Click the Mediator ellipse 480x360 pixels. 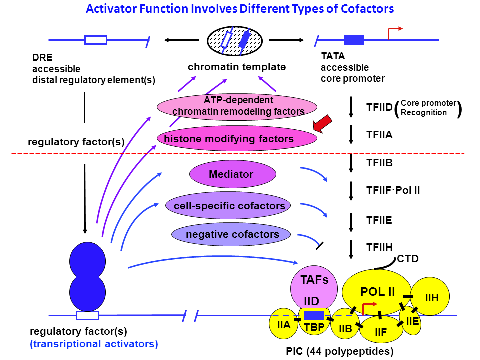(232, 175)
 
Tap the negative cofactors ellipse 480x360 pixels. (232, 234)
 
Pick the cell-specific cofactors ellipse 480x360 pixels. (229, 205)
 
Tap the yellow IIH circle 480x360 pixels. (431, 297)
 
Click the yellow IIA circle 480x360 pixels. (284, 324)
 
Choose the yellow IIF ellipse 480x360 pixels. (381, 330)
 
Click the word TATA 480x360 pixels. (333, 57)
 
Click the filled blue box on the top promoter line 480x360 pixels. (354, 40)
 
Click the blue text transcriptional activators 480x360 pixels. (94, 344)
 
